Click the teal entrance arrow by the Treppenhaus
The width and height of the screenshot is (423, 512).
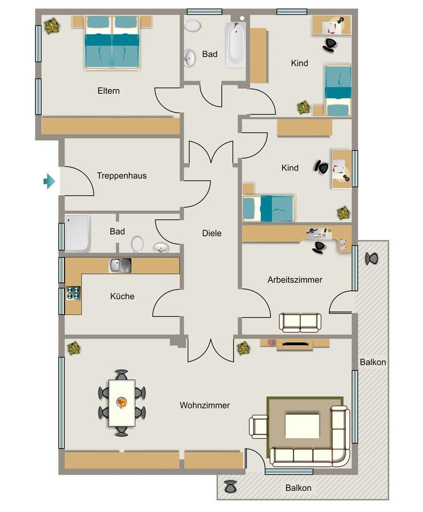point(49,181)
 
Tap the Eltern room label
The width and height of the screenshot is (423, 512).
point(108,91)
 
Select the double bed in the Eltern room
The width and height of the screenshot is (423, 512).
point(112,43)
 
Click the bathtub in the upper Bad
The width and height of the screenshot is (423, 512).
point(235,45)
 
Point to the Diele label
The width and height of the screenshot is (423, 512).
point(212,233)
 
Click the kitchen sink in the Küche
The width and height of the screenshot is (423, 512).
point(119,265)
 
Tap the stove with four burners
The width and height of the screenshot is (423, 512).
point(73,293)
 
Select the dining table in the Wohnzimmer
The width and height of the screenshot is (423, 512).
point(122,402)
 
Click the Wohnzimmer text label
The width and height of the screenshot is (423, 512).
point(205,405)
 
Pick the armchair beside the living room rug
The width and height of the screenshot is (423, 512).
point(258,427)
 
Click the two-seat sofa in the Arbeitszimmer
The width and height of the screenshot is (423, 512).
point(300,322)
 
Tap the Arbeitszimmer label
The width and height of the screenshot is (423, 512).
point(295,279)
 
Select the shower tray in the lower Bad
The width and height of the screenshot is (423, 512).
point(77,233)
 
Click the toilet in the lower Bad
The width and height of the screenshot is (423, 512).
point(138,244)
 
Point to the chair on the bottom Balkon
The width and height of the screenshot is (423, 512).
point(230,486)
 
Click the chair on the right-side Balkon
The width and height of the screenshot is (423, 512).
point(372,259)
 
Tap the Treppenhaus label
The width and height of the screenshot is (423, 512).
point(122,175)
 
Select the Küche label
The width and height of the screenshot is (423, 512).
point(122,297)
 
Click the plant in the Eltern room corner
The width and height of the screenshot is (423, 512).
point(52,26)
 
